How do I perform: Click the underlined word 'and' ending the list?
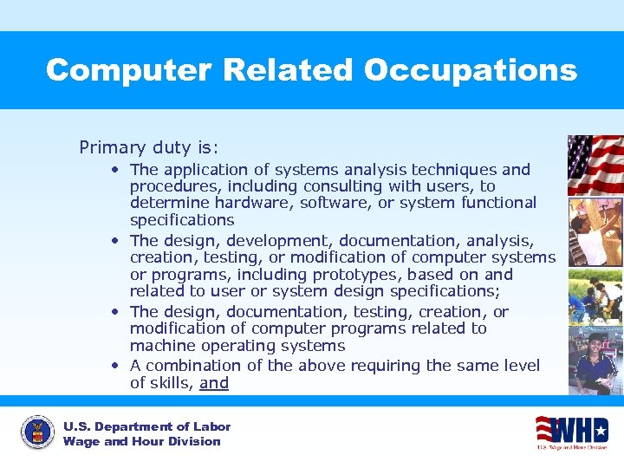214,383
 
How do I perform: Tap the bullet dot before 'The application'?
115,170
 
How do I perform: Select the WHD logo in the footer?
572,432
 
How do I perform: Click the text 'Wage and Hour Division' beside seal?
141,442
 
